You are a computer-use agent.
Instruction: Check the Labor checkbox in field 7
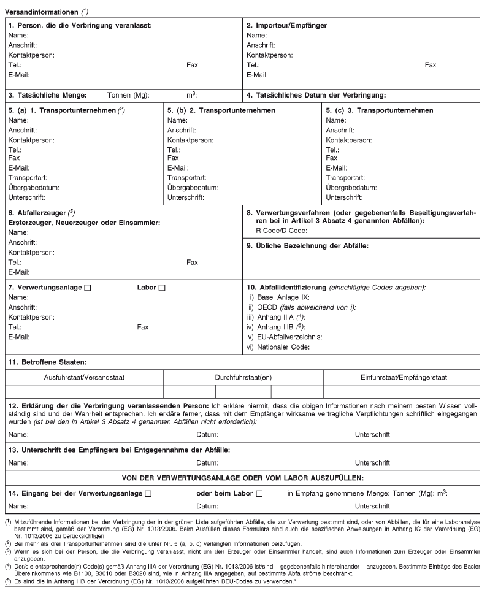[x=162, y=288]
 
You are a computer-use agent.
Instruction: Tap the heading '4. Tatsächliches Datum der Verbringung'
[x=315, y=95]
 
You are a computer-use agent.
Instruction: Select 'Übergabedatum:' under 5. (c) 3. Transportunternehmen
[x=351, y=187]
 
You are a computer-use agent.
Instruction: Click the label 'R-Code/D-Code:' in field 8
[x=281, y=230]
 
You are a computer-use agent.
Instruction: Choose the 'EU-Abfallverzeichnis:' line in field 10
[x=289, y=337]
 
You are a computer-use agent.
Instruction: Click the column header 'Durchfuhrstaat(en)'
[x=243, y=376]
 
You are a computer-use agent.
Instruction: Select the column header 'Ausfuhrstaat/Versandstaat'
[x=84, y=376]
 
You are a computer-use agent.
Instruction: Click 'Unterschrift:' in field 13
[x=373, y=463]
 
